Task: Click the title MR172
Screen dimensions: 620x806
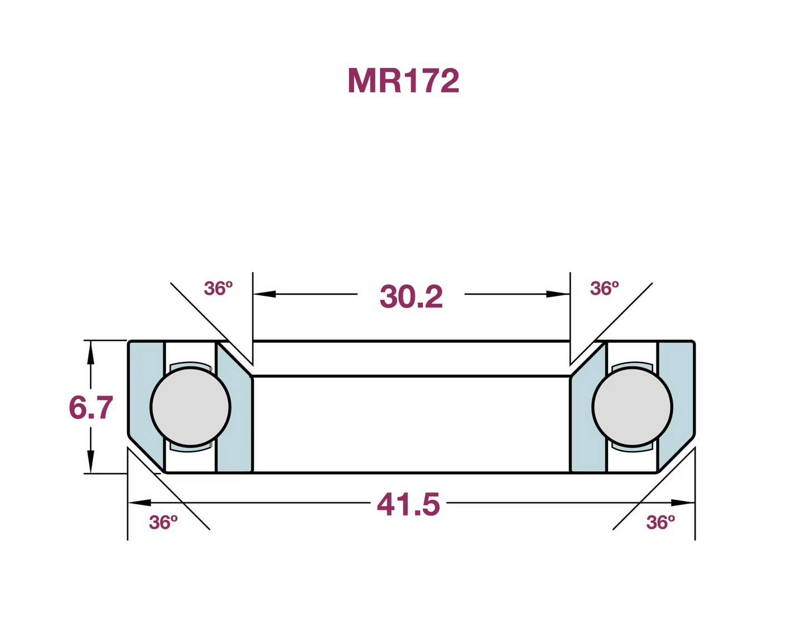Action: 403,81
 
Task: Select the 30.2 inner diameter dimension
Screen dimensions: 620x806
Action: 411,296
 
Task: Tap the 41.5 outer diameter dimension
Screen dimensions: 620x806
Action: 408,504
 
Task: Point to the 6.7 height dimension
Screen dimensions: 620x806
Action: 90,407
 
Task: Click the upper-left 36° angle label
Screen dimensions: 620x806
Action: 218,289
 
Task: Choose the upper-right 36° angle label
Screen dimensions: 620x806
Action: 604,289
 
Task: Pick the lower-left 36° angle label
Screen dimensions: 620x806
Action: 163,523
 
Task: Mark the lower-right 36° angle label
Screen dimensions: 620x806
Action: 660,523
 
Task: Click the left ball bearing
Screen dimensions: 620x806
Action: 190,407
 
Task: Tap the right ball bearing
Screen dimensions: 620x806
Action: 632,407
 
